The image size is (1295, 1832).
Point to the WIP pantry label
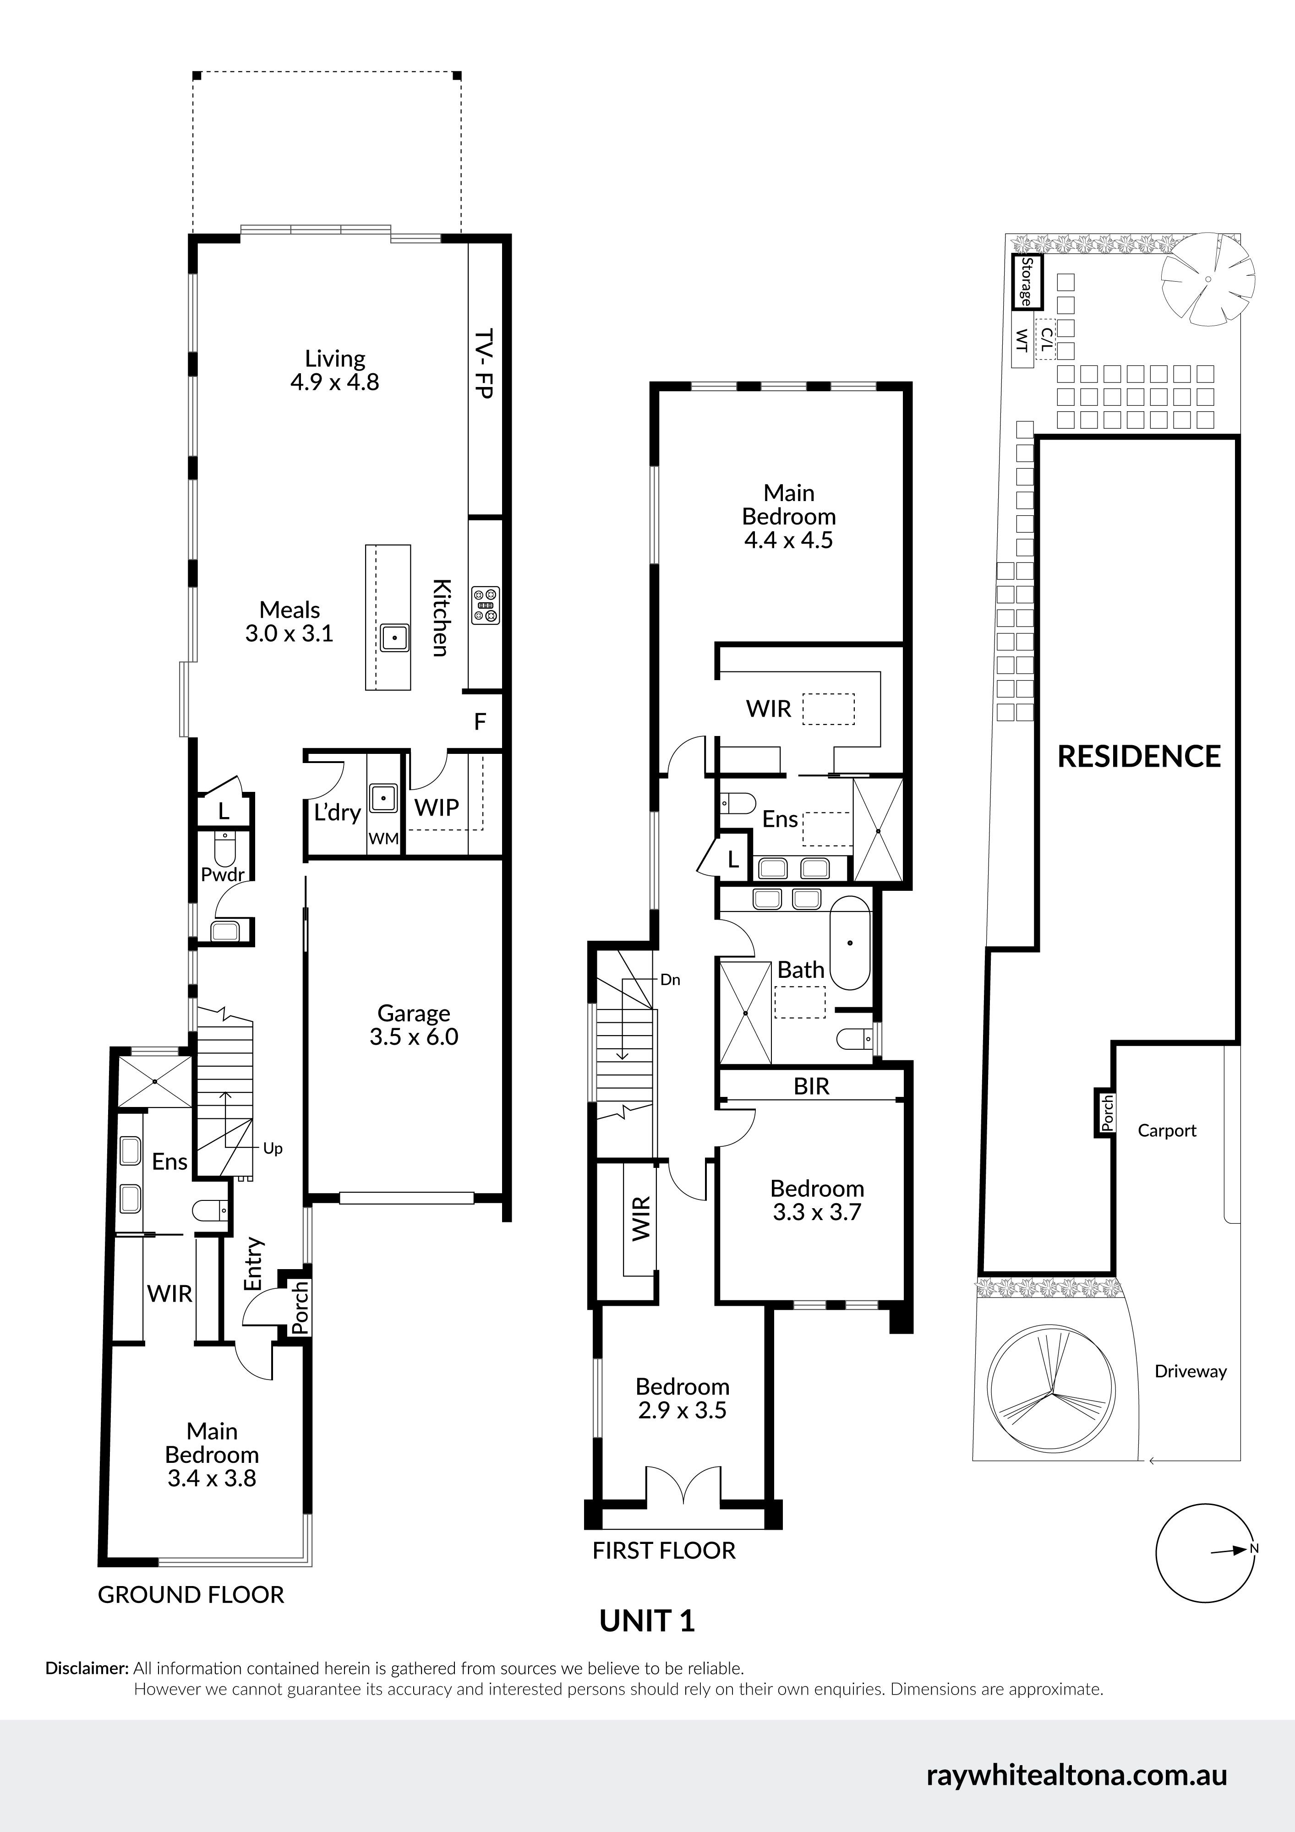click(x=437, y=807)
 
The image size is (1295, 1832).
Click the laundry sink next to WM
click(x=384, y=798)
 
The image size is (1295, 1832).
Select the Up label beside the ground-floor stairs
click(x=273, y=1149)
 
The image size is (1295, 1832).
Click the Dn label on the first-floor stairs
click(x=670, y=980)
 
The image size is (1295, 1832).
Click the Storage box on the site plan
click(x=1027, y=282)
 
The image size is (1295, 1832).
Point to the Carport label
click(x=1167, y=1131)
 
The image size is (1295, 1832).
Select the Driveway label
click(x=1191, y=1372)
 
